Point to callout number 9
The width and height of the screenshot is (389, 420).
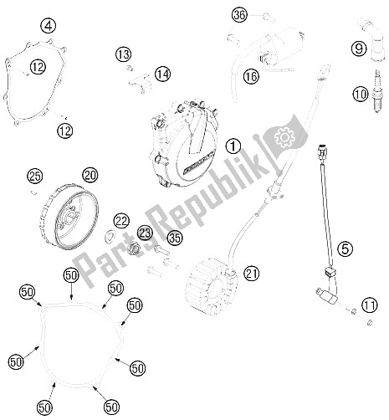361,50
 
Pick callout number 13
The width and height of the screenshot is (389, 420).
125,54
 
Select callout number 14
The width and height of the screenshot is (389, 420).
161,74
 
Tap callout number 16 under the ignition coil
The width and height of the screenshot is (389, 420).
250,76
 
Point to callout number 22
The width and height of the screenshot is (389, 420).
122,220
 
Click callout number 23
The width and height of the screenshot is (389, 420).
145,234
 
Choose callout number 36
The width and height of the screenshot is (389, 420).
240,16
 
